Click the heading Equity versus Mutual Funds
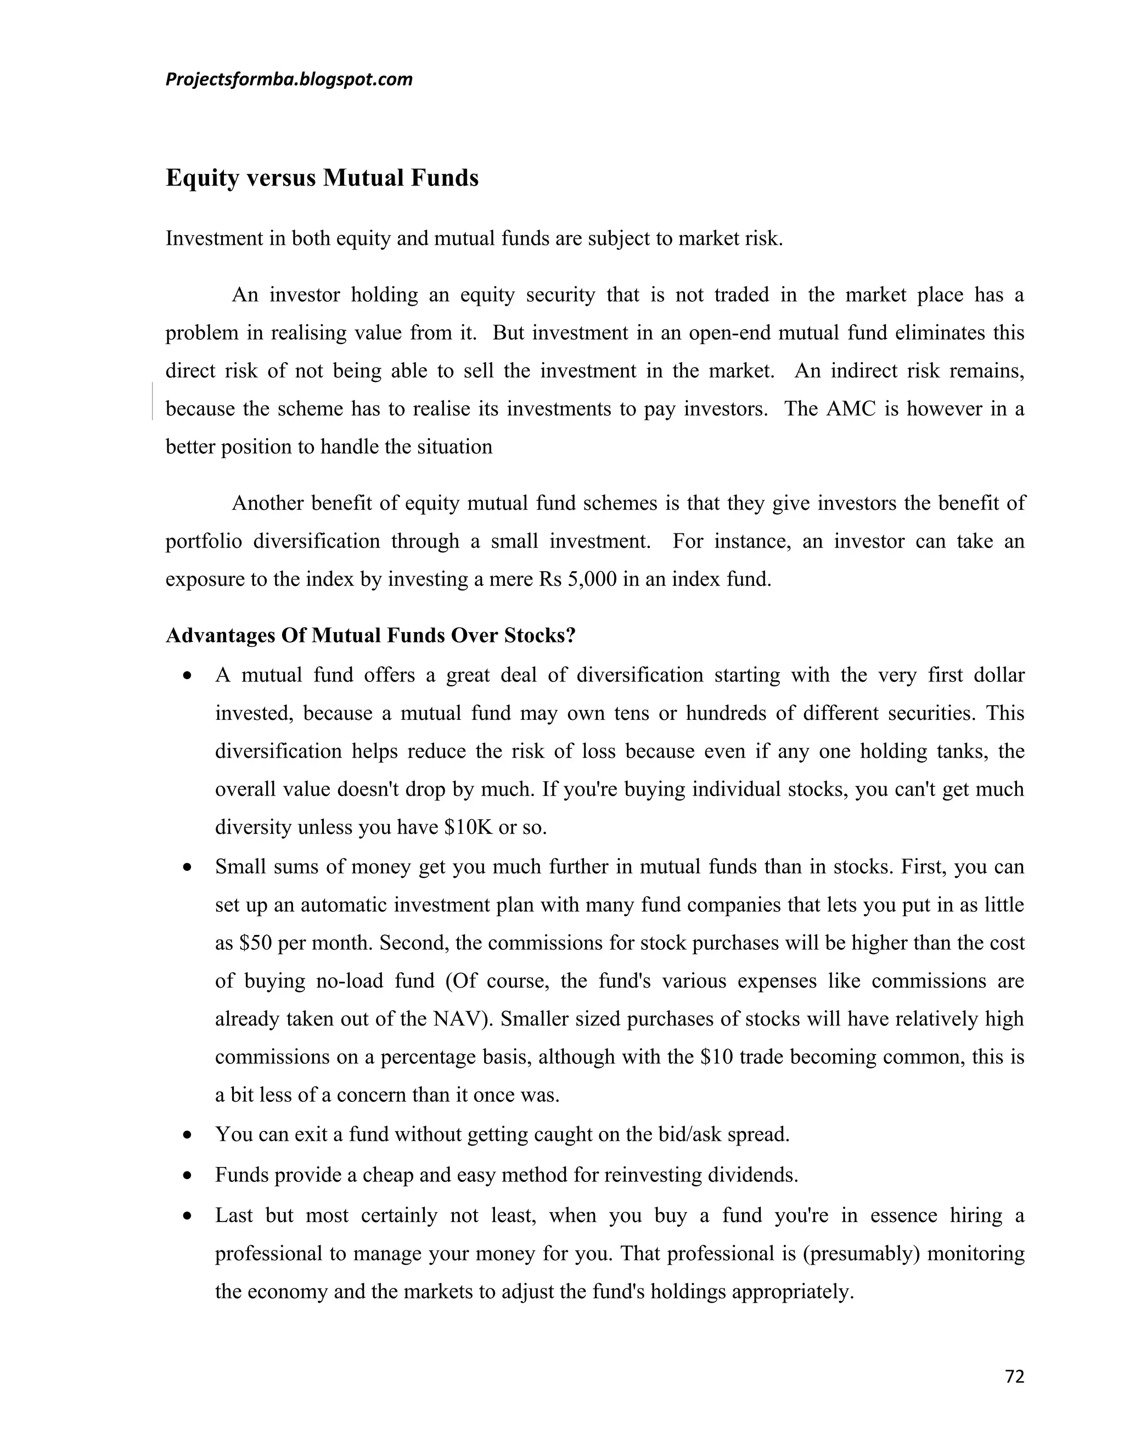pos(322,178)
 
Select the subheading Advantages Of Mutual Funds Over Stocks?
pos(370,635)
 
